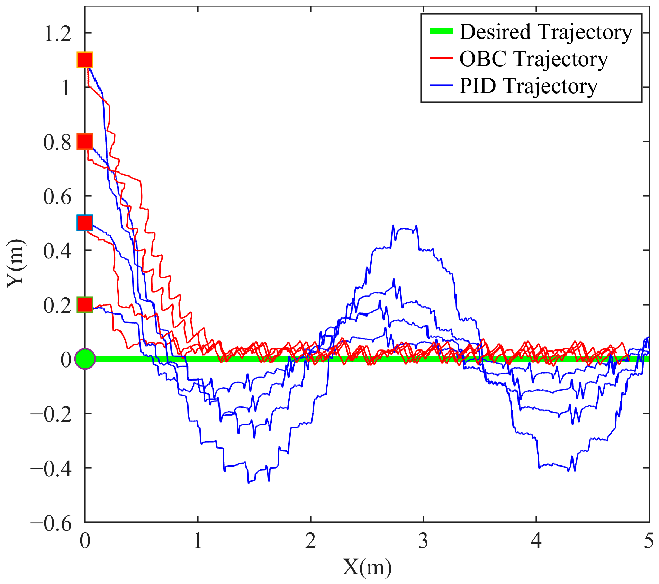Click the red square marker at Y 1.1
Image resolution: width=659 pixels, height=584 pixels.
point(85,60)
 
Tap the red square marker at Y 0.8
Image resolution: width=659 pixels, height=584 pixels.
point(85,141)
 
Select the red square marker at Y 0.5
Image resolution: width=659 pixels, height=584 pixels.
point(85,223)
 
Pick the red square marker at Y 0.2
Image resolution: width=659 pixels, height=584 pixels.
point(85,304)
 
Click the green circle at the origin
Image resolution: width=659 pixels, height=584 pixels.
point(85,359)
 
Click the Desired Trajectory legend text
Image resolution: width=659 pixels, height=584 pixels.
point(545,32)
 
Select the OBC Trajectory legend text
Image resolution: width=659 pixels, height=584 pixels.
point(533,59)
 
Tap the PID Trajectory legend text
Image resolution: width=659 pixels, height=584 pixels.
point(528,86)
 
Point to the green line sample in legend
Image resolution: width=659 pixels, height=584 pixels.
point(441,31)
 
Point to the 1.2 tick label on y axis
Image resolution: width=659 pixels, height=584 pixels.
point(57,34)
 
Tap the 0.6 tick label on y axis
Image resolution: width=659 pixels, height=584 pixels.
point(57,197)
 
